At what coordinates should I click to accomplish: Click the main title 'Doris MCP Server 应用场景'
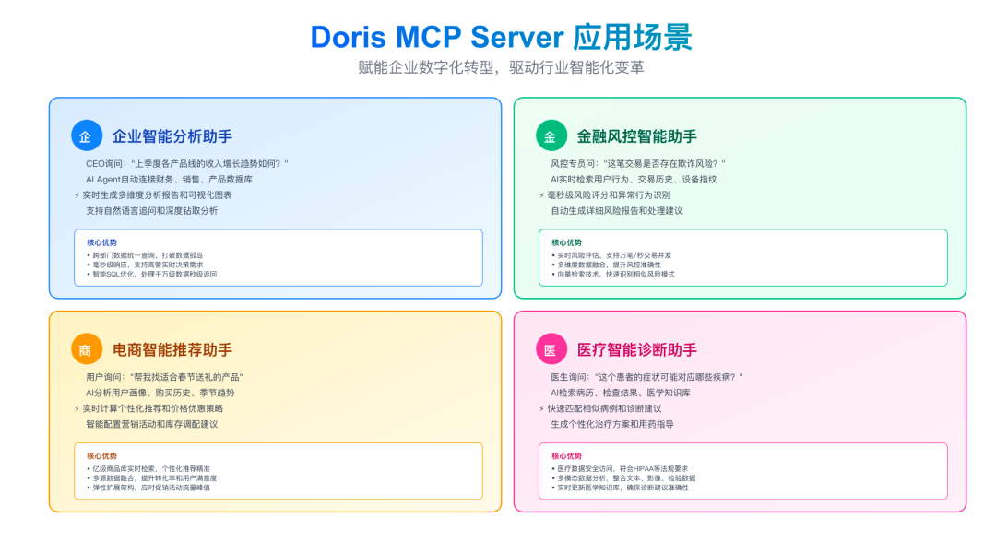pyautogui.click(x=501, y=37)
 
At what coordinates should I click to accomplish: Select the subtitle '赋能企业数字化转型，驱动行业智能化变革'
pyautogui.click(x=501, y=68)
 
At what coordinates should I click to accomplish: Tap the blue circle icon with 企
pyautogui.click(x=86, y=136)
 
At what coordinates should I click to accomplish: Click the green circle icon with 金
pyautogui.click(x=551, y=136)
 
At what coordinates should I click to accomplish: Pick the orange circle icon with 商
pyautogui.click(x=86, y=349)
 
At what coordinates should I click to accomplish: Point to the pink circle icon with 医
pyautogui.click(x=551, y=349)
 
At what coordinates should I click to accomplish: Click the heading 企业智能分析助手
pyautogui.click(x=172, y=136)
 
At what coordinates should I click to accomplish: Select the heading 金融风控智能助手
pyautogui.click(x=636, y=136)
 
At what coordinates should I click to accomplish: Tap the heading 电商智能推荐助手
pyautogui.click(x=172, y=349)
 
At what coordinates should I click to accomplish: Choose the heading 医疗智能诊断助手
pyautogui.click(x=636, y=349)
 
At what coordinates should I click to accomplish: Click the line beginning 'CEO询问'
pyautogui.click(x=187, y=163)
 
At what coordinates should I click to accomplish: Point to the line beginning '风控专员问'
pyautogui.click(x=638, y=163)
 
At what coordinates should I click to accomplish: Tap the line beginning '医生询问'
pyautogui.click(x=646, y=376)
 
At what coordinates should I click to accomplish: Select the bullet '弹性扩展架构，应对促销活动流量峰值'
pyautogui.click(x=150, y=488)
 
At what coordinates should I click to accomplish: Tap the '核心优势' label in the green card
pyautogui.click(x=566, y=242)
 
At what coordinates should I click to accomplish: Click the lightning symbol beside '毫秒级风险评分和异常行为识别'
pyautogui.click(x=541, y=195)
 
